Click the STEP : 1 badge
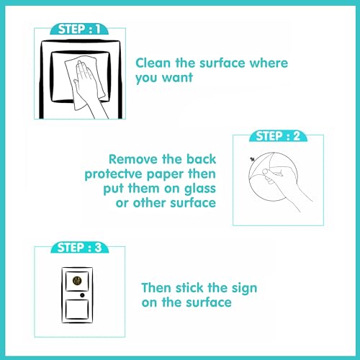pos(79,29)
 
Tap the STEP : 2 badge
pos(278,136)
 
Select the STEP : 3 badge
pos(80,248)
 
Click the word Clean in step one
pos(153,63)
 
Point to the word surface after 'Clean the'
pos(223,63)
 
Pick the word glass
pos(200,189)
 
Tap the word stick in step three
pos(189,287)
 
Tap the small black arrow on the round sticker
pos(252,159)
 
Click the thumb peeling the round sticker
pos(266,172)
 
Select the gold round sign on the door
pos(77,280)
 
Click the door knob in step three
pos(82,295)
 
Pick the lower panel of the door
pos(77,309)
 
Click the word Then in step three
pos(156,287)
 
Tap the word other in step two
pos(150,203)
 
